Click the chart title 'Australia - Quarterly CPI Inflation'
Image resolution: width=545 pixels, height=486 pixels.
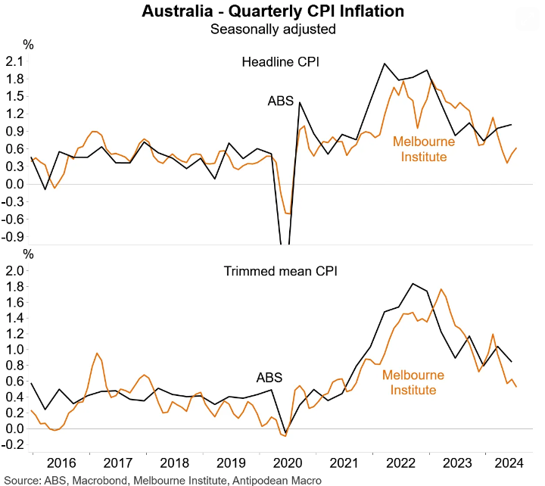272,12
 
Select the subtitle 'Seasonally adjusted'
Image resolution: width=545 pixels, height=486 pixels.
272,30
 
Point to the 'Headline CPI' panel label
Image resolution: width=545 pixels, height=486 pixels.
280,62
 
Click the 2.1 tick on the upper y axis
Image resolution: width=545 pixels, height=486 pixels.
14,61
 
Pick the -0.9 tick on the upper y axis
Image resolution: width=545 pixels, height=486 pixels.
12,236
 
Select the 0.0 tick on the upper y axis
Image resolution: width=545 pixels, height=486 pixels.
14,184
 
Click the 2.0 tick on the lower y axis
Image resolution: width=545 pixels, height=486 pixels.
14,270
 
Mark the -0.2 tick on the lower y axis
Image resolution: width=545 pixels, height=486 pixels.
12,444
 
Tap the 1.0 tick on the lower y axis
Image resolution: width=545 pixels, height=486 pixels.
14,350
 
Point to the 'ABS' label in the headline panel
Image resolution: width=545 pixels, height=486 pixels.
280,101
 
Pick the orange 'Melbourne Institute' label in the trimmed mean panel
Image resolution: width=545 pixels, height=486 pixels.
413,382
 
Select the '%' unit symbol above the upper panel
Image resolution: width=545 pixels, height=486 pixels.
29,45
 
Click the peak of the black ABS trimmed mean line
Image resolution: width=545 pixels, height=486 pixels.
413,284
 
